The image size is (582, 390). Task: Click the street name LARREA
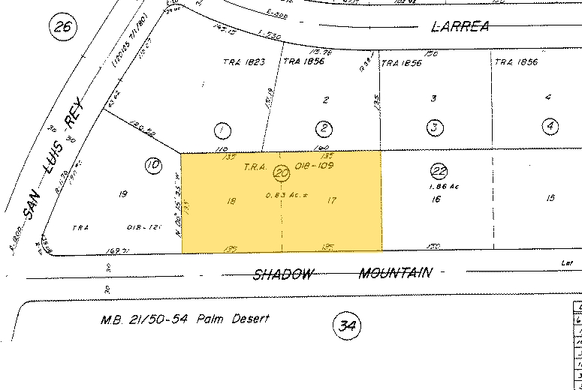click(x=460, y=27)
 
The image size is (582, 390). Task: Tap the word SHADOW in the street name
click(x=282, y=274)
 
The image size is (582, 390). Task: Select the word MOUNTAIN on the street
click(x=395, y=272)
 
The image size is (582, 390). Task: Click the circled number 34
click(x=345, y=325)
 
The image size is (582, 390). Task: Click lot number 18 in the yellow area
click(x=231, y=201)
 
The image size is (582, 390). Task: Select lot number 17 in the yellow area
click(x=331, y=200)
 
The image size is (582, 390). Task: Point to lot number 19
click(x=123, y=195)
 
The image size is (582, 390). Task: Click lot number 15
click(x=550, y=198)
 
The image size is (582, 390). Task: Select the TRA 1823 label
click(x=244, y=62)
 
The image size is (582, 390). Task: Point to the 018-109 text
click(x=314, y=166)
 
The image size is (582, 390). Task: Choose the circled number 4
click(x=550, y=126)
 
